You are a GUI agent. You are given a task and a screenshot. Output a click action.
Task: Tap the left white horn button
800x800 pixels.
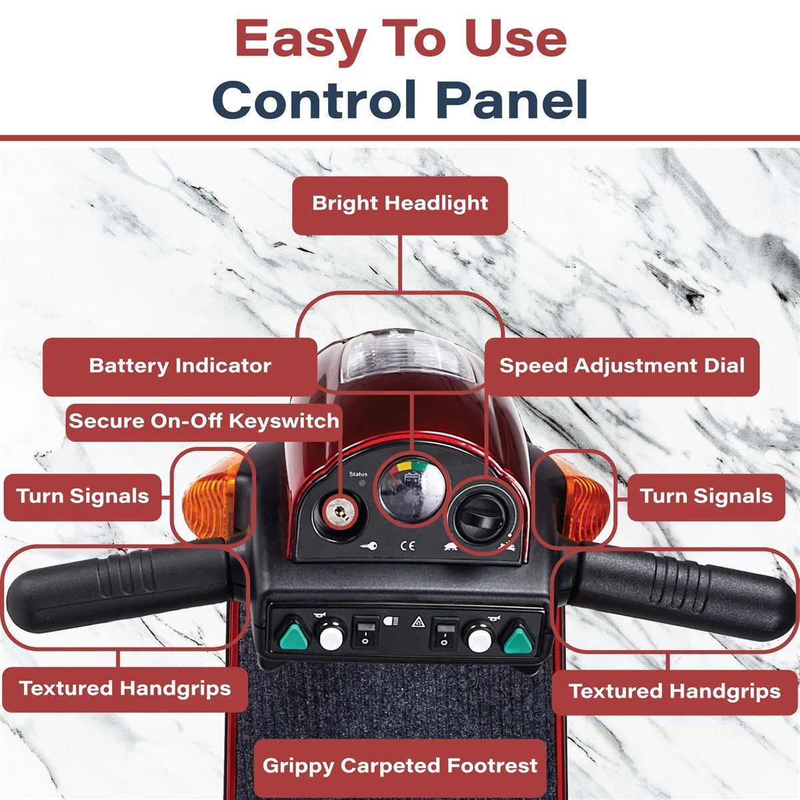click(331, 638)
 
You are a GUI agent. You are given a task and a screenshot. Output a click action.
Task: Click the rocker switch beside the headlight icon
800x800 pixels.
click(365, 633)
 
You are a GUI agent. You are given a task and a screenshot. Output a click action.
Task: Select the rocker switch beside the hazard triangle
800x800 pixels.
click(444, 634)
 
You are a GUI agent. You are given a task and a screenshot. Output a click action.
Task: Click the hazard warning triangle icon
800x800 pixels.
click(418, 623)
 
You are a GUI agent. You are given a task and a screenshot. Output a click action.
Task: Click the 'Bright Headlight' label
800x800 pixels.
click(400, 203)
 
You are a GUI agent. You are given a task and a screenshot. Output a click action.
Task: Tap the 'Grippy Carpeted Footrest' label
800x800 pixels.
click(400, 766)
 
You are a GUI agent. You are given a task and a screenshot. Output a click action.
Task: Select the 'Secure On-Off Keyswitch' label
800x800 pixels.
click(204, 421)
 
